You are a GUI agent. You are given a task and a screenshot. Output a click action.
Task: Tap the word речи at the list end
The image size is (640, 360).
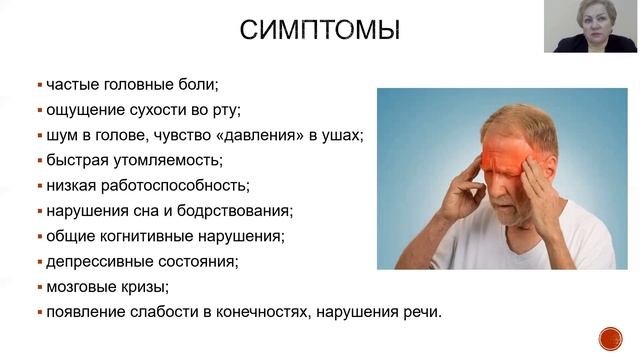pos(421,314)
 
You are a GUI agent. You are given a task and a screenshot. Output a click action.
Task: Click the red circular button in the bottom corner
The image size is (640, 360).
pos(610,338)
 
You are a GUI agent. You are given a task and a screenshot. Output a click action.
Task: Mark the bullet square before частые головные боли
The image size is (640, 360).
pos(39,82)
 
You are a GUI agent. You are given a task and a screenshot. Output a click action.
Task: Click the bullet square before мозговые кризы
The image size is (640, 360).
pos(39,288)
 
